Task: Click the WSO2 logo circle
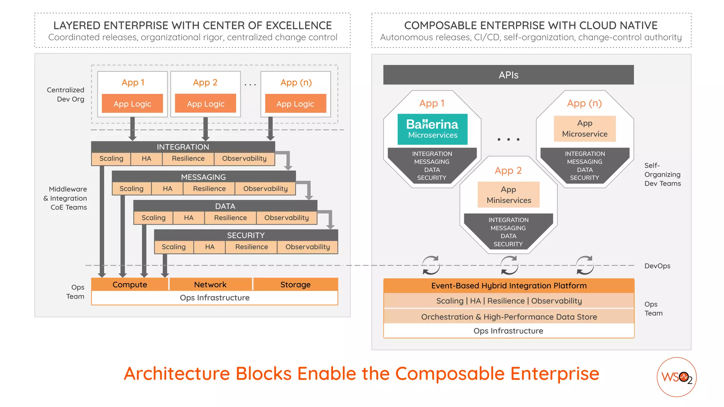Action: pyautogui.click(x=676, y=377)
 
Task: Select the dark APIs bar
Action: pyautogui.click(x=508, y=75)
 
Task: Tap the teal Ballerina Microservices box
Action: pyautogui.click(x=432, y=129)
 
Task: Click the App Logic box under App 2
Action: pyautogui.click(x=205, y=104)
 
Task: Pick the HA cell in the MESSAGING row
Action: pyautogui.click(x=167, y=189)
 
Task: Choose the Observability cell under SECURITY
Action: pyautogui.click(x=307, y=247)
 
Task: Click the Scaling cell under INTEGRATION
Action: pyautogui.click(x=111, y=159)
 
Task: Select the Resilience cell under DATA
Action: pyautogui.click(x=230, y=218)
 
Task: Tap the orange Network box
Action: pyautogui.click(x=210, y=284)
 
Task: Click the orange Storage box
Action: pyautogui.click(x=295, y=284)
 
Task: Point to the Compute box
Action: pyautogui.click(x=129, y=284)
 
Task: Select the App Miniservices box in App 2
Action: pyautogui.click(x=508, y=195)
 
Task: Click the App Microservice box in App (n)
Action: pyautogui.click(x=584, y=129)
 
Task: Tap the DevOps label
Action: pyautogui.click(x=657, y=266)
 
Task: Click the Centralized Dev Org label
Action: pyautogui.click(x=66, y=94)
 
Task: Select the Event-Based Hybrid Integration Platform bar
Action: pyautogui.click(x=508, y=285)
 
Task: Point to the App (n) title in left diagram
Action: pyautogui.click(x=296, y=82)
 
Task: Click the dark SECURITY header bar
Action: pyautogui.click(x=246, y=235)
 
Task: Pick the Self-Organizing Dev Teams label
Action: pyautogui.click(x=662, y=175)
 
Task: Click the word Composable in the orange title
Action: pyautogui.click(x=450, y=374)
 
